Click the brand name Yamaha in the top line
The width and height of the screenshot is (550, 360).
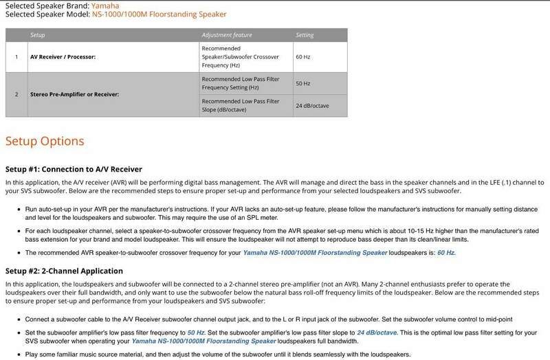click(104, 5)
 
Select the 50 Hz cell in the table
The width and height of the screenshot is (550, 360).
click(303, 83)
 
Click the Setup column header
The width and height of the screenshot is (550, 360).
click(39, 34)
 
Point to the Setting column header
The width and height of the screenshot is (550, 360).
click(305, 34)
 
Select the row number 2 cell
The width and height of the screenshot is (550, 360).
click(16, 94)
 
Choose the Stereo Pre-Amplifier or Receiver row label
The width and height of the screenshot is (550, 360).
click(79, 94)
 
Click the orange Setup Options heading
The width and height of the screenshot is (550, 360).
click(45, 141)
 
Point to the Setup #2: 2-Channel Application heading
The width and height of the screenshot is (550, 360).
click(64, 271)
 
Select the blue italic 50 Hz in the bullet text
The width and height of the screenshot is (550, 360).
click(196, 331)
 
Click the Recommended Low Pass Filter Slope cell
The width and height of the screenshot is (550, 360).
click(241, 106)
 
